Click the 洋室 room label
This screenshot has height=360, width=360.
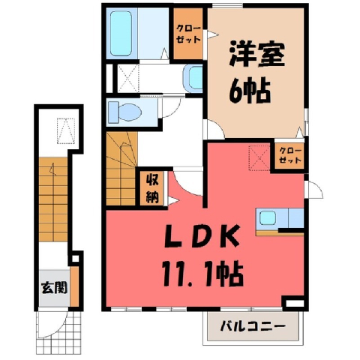coord(256,55)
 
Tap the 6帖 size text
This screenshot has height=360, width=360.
coord(250,91)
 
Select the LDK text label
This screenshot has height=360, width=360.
coord(202,236)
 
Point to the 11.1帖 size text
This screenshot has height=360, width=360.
coord(202,274)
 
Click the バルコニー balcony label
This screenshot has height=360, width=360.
coord(253,326)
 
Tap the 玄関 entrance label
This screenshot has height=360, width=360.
coord(54,287)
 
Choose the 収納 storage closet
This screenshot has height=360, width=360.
coord(152,188)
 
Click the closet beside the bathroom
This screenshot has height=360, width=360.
coord(188,34)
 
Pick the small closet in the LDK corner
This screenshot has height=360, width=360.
coord(289,156)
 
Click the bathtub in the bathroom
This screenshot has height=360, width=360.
coord(121,34)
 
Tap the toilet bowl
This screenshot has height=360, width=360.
coord(125,112)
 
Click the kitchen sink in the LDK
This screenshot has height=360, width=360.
coord(267,217)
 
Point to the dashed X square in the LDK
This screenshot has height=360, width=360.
coord(259,157)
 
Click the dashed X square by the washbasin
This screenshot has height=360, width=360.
coord(127,78)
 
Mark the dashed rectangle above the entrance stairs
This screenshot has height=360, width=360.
coord(66,131)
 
